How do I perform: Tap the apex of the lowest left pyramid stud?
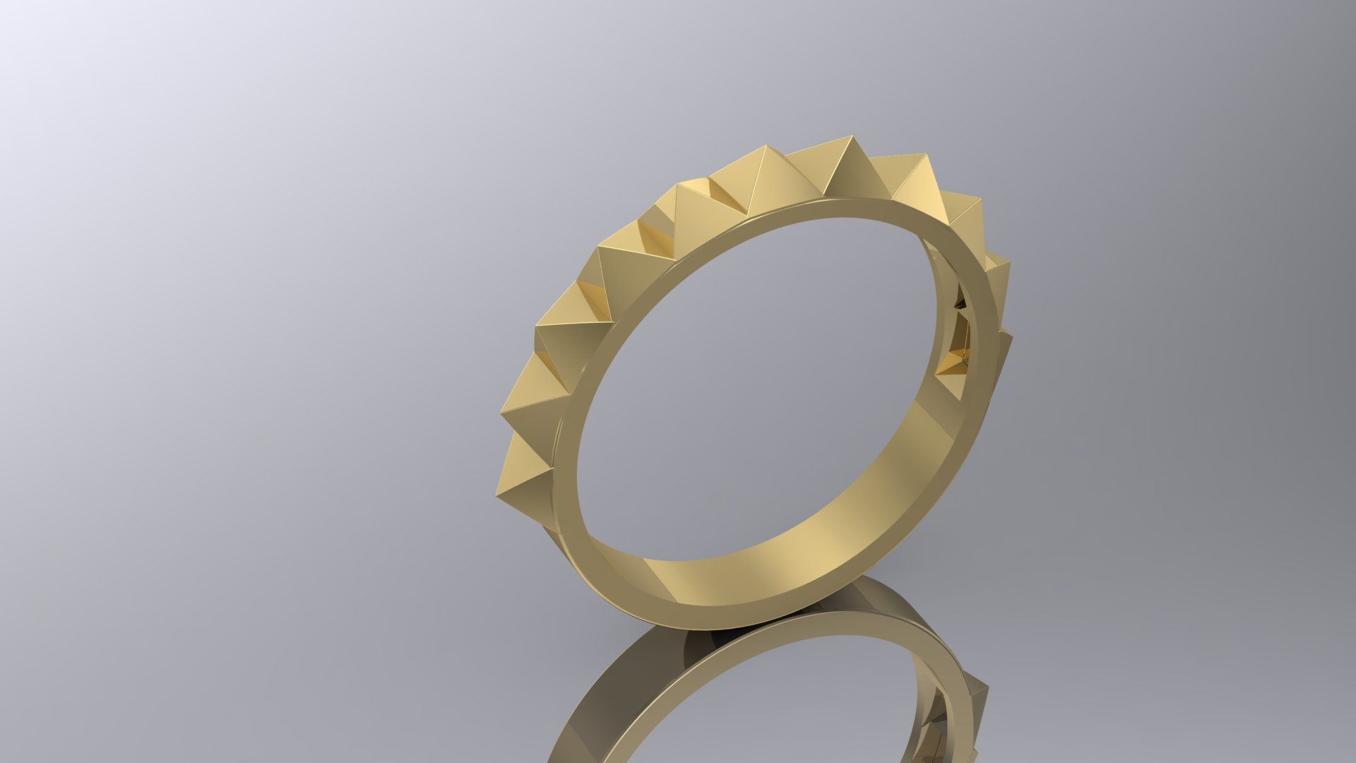[496, 487]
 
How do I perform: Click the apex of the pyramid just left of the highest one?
[766, 147]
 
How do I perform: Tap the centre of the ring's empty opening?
[763, 396]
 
